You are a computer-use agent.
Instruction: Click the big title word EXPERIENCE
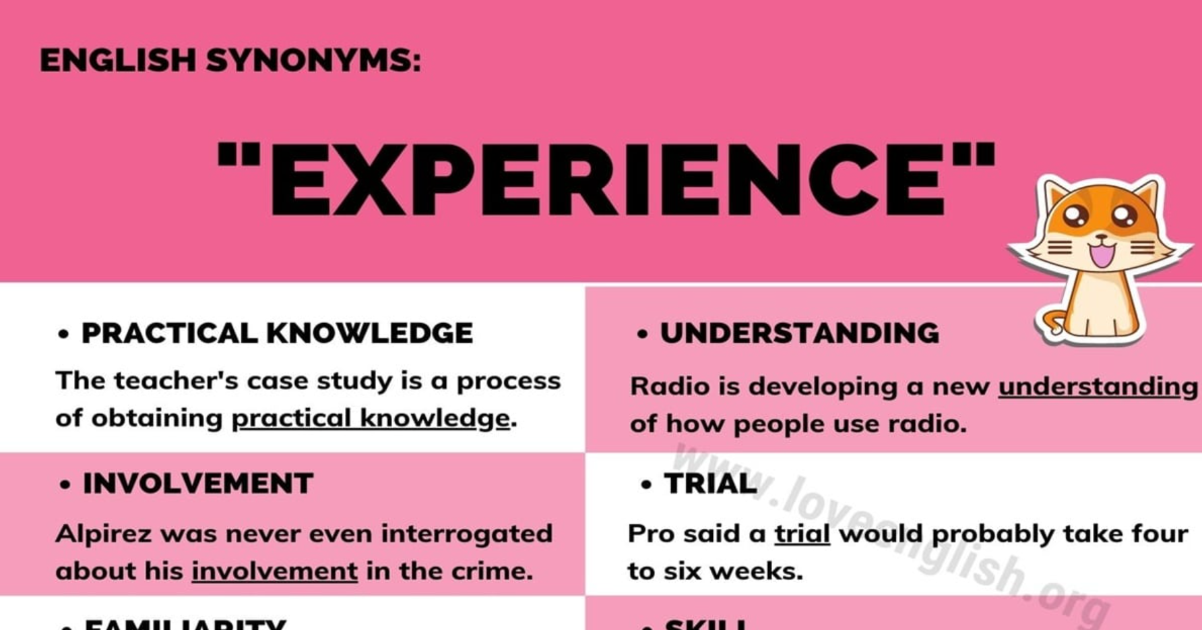point(606,180)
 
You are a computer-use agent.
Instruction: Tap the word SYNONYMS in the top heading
point(313,61)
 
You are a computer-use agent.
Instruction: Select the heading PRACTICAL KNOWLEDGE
point(277,333)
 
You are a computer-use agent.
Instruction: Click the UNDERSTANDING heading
point(799,333)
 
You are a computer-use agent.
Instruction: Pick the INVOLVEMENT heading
point(197,484)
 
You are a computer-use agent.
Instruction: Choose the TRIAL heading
point(710,484)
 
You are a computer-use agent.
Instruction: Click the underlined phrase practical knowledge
point(371,418)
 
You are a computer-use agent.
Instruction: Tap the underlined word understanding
point(1098,387)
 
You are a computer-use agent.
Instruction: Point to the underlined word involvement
point(274,571)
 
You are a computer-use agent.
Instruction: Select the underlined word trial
point(802,534)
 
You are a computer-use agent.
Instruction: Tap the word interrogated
point(466,534)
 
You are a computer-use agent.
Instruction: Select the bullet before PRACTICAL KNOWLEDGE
point(64,334)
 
